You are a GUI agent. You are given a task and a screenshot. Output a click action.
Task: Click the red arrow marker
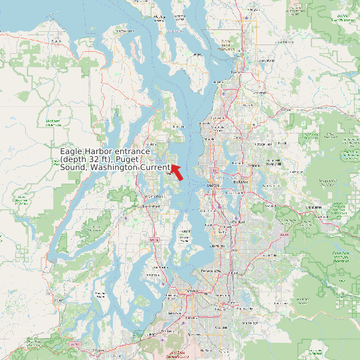pyautogui.click(x=177, y=171)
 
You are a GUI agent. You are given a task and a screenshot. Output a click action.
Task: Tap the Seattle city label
pyautogui.click(x=213, y=185)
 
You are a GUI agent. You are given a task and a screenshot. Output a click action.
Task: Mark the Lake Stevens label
pyautogui.click(x=267, y=60)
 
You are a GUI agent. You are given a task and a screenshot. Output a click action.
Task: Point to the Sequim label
pyautogui.click(x=55, y=41)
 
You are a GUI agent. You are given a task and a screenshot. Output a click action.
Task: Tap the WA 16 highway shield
pyautogui.click(x=155, y=240)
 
